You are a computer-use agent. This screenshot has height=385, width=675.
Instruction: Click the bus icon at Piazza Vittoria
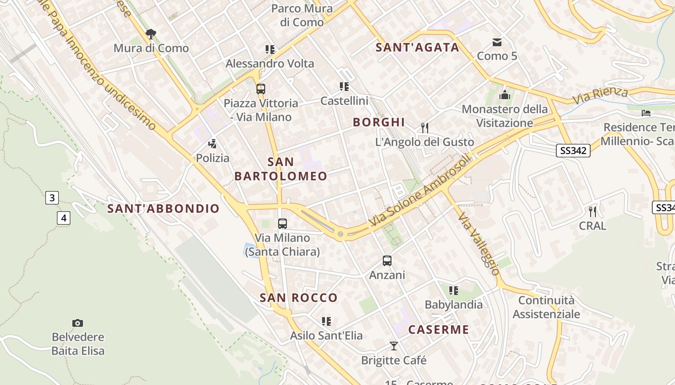[260, 89]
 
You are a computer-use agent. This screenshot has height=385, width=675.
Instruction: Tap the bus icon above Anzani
[387, 261]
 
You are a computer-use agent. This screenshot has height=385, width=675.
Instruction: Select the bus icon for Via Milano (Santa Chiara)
[283, 224]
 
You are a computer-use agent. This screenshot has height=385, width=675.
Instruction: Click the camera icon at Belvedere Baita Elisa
[78, 323]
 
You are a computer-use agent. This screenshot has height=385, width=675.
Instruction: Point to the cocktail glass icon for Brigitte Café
[394, 346]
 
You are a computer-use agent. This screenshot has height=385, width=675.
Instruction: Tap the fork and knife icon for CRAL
[593, 211]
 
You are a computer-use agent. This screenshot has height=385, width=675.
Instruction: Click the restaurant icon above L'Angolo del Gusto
[425, 128]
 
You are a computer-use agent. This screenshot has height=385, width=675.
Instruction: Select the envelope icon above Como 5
[497, 42]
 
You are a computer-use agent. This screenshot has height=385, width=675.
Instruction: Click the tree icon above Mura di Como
[151, 34]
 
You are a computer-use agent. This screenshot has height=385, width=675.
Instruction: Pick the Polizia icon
[212, 144]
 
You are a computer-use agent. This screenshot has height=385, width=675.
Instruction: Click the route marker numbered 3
[52, 198]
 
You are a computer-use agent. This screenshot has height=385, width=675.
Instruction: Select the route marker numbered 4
[64, 218]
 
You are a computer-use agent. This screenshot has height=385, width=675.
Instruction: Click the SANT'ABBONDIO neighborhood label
[163, 208]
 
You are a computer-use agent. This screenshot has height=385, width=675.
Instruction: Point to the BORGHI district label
[378, 122]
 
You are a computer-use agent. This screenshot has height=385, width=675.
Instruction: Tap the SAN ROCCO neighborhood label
[299, 298]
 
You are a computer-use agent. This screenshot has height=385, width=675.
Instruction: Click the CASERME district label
[439, 330]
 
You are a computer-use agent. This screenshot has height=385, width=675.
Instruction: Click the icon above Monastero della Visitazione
[505, 95]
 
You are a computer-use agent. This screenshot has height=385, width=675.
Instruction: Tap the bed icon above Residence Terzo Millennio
[646, 113]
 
